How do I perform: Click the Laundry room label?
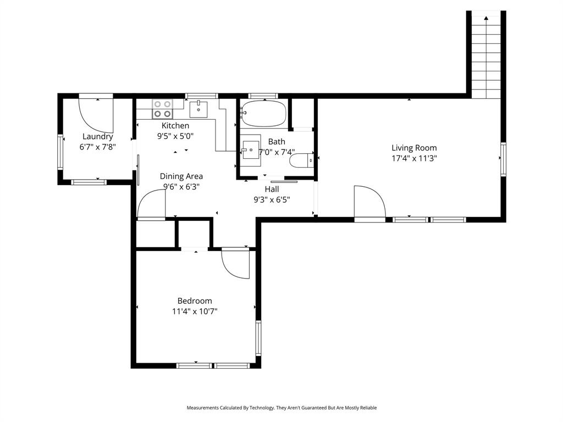point(98,136)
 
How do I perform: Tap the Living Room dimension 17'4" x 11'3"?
point(414,158)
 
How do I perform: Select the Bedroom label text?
point(195,301)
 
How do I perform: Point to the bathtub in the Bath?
point(264,113)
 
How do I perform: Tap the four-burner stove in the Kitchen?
point(162,109)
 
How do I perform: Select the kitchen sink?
point(198,109)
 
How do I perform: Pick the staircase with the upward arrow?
point(486,55)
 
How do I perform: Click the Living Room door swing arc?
point(369,202)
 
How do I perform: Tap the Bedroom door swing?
point(235,264)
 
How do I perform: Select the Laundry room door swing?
point(96,112)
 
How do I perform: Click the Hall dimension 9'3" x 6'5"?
point(272,200)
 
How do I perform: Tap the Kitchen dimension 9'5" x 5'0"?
point(175,136)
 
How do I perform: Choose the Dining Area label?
point(181,176)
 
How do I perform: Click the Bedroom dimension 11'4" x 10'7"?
point(195,312)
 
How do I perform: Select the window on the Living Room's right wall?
point(503,159)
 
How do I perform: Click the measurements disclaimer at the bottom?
point(281,408)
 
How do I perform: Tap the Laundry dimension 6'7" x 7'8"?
point(98,147)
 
